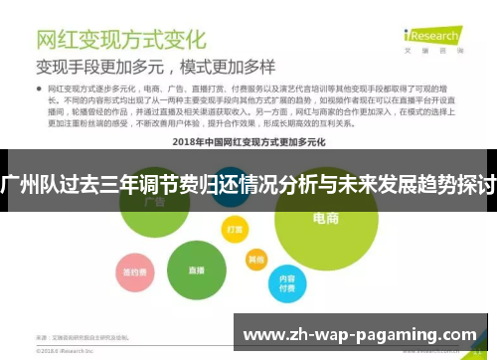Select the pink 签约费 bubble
130,270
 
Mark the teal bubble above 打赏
231,193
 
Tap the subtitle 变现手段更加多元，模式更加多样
156,68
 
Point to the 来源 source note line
84,338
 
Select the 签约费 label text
130,270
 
